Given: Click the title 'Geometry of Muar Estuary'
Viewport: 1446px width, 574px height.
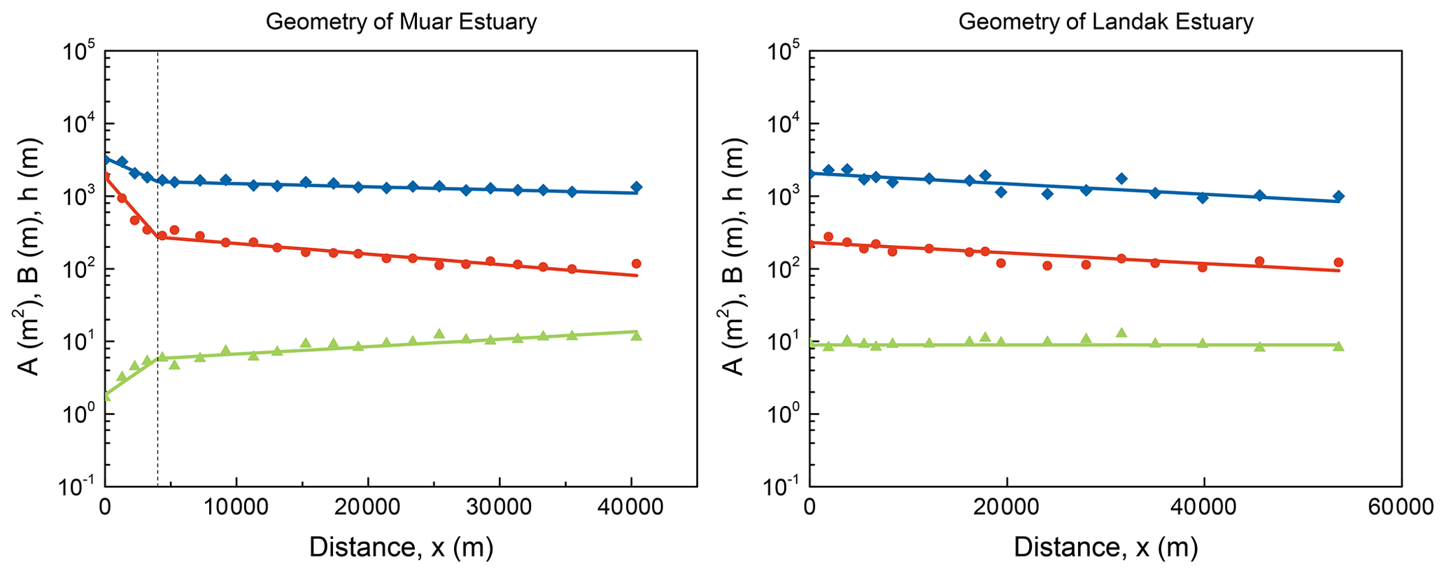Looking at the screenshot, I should click(401, 22).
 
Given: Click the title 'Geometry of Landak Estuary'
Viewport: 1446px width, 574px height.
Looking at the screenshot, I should click(1105, 22).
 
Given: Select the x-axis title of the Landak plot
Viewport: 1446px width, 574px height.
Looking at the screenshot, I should click(1105, 547).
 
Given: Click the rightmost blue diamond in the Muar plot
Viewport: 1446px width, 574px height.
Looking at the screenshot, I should click(636, 187).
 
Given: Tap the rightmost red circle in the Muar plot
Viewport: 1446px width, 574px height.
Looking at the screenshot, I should click(636, 264).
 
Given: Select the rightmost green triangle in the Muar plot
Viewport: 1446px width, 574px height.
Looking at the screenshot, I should click(636, 336).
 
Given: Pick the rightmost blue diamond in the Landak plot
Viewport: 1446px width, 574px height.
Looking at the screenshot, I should click(1338, 196).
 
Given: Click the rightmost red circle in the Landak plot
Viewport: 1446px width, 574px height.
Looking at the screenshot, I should click(1338, 262).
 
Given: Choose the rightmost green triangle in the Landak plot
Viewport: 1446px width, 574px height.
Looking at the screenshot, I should click(1338, 346).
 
